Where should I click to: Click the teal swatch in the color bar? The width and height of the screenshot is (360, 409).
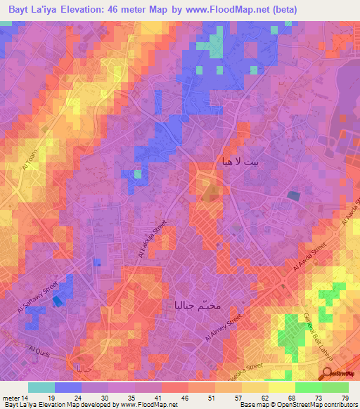pos(41,387)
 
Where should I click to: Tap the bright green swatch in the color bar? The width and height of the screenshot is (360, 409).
pos(309,387)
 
